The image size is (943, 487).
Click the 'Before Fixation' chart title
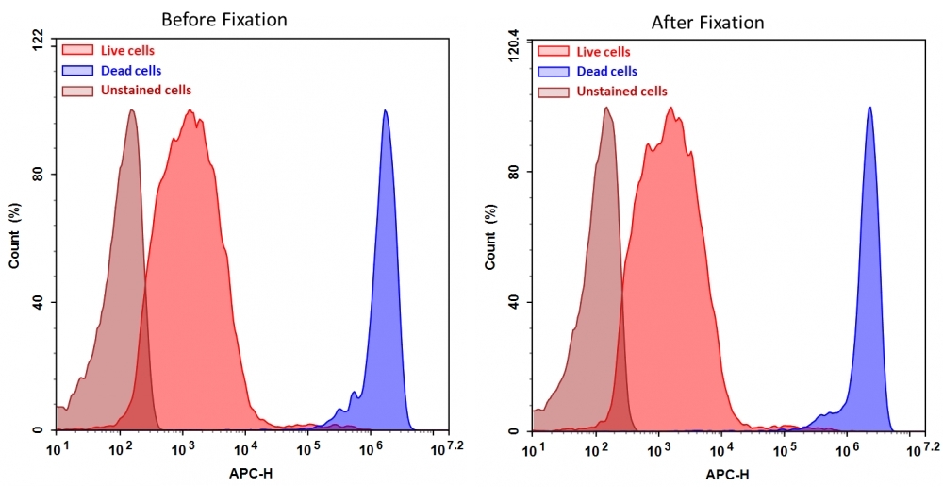click(x=223, y=19)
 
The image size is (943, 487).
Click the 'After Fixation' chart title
click(x=707, y=22)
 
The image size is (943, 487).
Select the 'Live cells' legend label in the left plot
click(x=127, y=51)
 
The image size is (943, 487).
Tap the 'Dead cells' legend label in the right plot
click(x=606, y=72)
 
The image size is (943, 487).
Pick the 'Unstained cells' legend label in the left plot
click(x=146, y=91)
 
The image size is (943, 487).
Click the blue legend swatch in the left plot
click(x=77, y=71)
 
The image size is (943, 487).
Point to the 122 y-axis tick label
click(x=37, y=39)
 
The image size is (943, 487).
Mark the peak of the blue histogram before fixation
click(x=385, y=110)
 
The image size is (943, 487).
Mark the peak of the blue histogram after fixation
click(x=869, y=108)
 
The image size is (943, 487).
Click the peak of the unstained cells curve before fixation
click(x=131, y=110)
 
